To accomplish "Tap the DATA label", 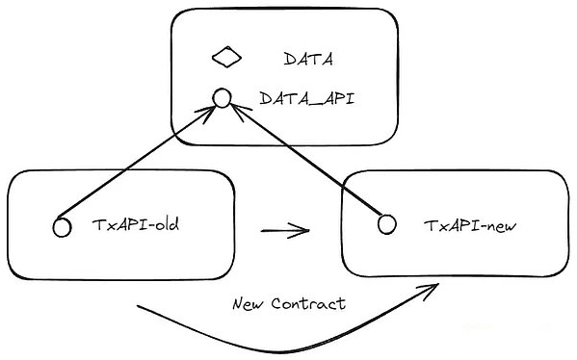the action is point(308,59).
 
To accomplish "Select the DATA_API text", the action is point(307,98).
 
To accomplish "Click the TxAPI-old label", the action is point(136,224).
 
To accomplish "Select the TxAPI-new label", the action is point(470,225).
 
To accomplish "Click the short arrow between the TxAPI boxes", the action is point(285,231).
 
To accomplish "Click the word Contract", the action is point(308,304).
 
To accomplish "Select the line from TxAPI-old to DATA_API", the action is point(136,162).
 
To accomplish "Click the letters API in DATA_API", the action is point(337,98).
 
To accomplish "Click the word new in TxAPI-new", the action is point(503,226).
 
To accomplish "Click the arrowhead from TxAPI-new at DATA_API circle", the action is point(239,111).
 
